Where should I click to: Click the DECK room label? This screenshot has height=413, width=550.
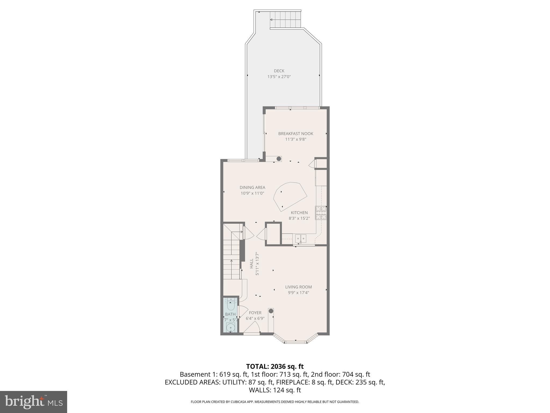(279, 71)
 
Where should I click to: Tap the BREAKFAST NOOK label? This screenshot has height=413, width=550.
(296, 134)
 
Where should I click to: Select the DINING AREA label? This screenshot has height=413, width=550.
(252, 187)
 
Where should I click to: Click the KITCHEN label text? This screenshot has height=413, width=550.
(299, 213)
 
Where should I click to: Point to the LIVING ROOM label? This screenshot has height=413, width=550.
(298, 287)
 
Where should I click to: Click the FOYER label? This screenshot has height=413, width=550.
(255, 313)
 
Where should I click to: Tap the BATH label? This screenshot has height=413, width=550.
(230, 314)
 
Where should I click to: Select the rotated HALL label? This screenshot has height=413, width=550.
(252, 264)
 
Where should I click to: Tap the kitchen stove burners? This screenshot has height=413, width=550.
(321, 213)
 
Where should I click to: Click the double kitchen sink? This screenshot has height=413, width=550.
(301, 238)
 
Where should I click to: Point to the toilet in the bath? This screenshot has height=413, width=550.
(231, 305)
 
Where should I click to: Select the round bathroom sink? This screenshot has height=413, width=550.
(230, 328)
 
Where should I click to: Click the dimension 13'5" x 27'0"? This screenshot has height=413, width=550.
(279, 77)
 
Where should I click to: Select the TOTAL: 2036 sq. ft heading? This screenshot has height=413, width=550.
(275, 366)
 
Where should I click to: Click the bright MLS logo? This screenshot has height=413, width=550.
(34, 402)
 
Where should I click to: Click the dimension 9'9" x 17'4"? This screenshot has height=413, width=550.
(298, 293)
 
